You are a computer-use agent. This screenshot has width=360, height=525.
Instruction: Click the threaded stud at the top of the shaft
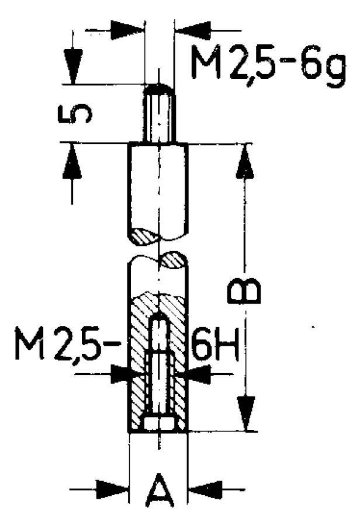[x=158, y=117]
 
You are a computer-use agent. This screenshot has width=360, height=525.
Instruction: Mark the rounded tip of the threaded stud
[x=158, y=89]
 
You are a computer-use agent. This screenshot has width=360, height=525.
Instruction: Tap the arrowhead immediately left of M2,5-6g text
[x=192, y=28]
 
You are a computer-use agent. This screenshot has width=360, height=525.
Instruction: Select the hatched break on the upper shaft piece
[x=146, y=236]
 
